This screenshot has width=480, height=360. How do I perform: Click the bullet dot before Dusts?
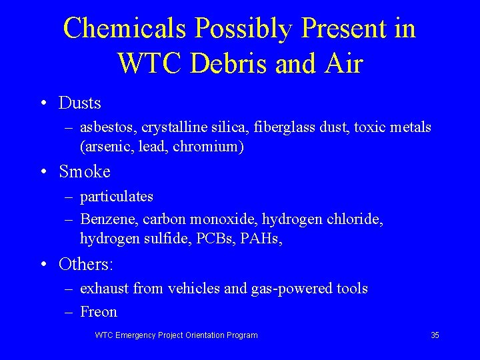click(x=43, y=103)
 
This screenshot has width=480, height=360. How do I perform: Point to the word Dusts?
click(x=80, y=103)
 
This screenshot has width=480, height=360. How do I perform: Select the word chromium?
click(x=208, y=147)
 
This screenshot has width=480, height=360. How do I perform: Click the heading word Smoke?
click(x=85, y=171)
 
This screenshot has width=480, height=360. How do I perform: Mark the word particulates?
click(x=117, y=197)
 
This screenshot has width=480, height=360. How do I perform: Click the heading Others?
click(x=86, y=264)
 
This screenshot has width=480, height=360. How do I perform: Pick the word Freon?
click(x=99, y=311)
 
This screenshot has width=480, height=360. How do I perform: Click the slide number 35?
click(x=435, y=335)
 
